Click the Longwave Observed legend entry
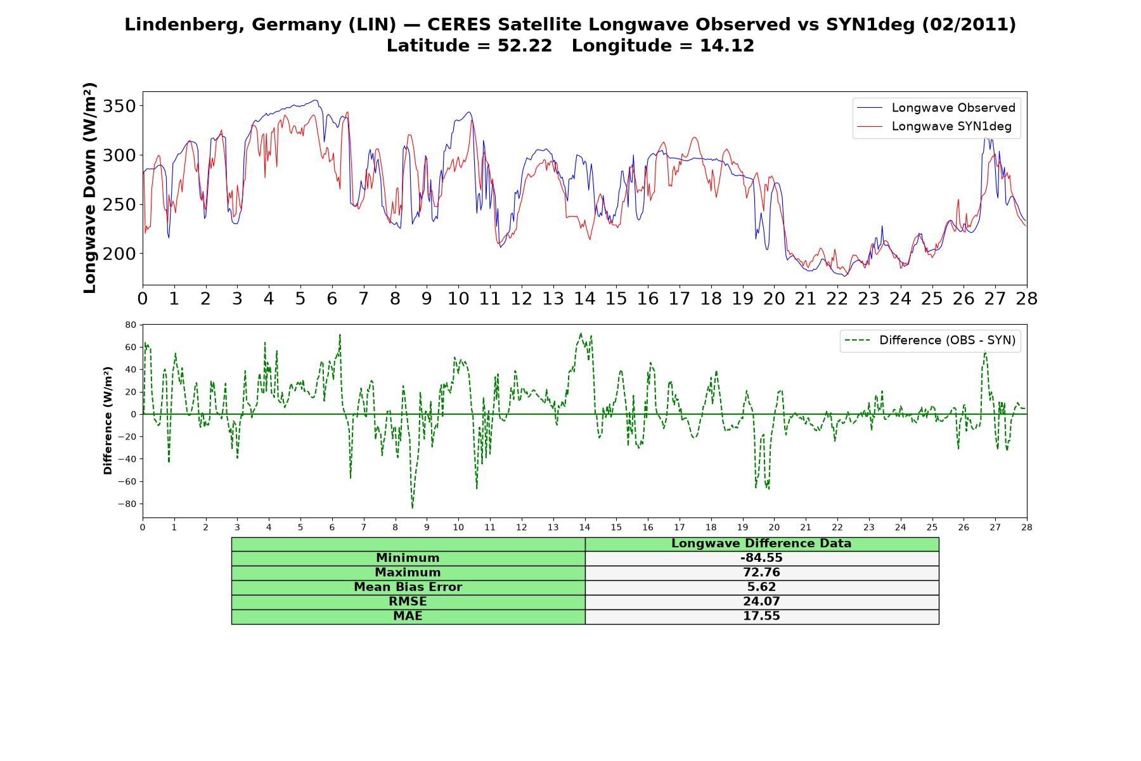(x=936, y=108)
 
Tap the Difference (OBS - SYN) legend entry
(x=930, y=341)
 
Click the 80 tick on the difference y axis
(x=131, y=325)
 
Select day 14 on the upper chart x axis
(x=584, y=299)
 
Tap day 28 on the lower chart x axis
(x=1027, y=527)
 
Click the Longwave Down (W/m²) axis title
(x=90, y=188)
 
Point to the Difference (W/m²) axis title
(x=108, y=420)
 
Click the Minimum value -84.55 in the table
(x=761, y=558)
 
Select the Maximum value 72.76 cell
(x=761, y=573)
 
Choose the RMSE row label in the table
(x=408, y=602)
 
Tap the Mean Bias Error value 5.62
(x=761, y=587)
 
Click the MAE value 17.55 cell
(x=761, y=616)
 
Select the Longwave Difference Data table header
(x=761, y=543)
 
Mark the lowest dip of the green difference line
(x=412, y=508)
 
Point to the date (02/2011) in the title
(x=969, y=25)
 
